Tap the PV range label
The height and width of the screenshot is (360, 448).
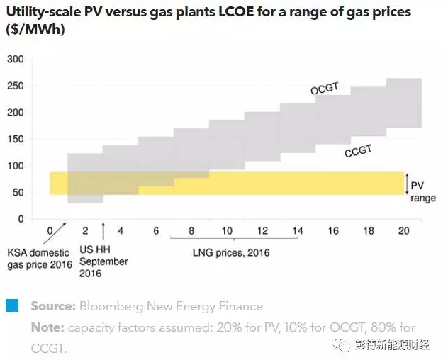click(424, 191)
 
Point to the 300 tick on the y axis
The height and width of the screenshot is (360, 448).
click(14, 59)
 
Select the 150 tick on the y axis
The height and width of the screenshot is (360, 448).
click(14, 113)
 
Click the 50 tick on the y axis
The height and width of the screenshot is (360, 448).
click(17, 192)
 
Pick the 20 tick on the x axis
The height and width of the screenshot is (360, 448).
click(404, 231)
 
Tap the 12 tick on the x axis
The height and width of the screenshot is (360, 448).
click(262, 231)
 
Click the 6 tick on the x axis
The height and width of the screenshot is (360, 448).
click(156, 231)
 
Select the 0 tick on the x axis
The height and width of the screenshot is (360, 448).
click(50, 231)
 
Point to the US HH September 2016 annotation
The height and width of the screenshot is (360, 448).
click(104, 261)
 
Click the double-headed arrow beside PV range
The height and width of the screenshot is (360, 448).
click(405, 184)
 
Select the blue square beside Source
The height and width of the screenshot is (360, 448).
click(12, 306)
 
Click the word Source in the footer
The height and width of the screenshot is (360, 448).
click(52, 307)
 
